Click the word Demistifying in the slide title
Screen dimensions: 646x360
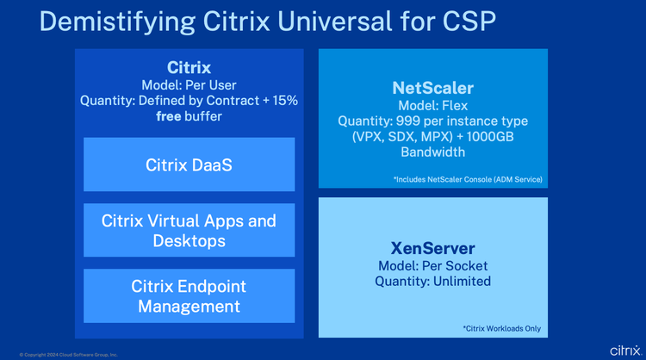pos(117,22)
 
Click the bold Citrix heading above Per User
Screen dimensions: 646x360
pos(189,67)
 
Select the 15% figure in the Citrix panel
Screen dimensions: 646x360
pos(285,101)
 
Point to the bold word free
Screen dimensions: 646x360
pos(169,116)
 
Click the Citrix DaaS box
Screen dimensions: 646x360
pos(189,164)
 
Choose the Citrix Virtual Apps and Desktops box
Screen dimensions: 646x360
pos(189,230)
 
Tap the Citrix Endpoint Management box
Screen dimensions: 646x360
pos(189,295)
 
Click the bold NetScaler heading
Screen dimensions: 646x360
pos(433,88)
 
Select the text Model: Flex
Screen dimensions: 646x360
pos(433,105)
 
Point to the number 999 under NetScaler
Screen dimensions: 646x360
pos(408,121)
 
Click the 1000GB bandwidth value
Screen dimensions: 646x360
pos(490,137)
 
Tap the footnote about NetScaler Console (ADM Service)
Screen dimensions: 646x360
pos(468,180)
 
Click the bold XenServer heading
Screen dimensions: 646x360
pos(433,248)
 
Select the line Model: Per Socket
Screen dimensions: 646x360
pos(433,266)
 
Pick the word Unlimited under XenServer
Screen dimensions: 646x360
pos(462,282)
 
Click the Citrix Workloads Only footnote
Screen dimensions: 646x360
pos(502,329)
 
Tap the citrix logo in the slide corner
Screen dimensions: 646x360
pos(626,351)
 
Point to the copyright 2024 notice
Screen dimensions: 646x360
pos(68,355)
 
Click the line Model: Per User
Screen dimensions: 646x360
pos(189,85)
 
